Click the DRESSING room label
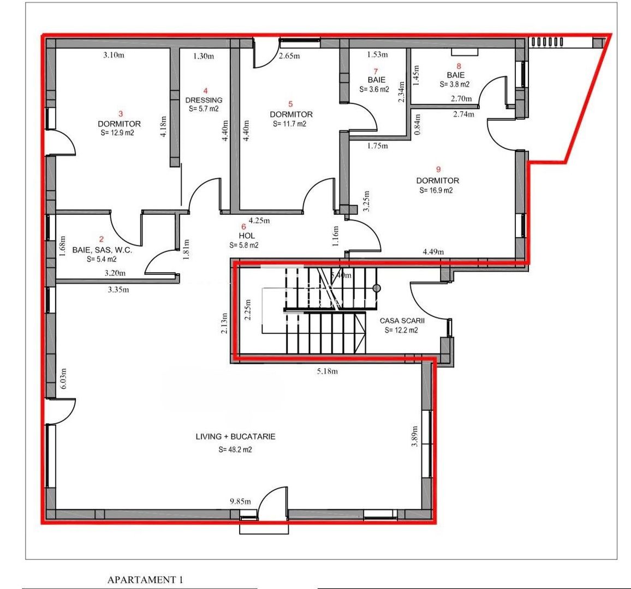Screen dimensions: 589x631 tap(204, 100)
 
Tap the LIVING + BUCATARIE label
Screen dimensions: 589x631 tap(235, 437)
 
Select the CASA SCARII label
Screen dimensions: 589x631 tap(402, 321)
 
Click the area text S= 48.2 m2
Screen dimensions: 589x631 tap(235, 450)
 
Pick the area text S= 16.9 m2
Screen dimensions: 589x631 tap(437, 191)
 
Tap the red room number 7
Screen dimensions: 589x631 tap(376, 71)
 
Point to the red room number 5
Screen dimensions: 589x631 tap(290, 104)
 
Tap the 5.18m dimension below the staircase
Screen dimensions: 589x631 tap(327, 372)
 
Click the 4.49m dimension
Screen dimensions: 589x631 tap(433, 252)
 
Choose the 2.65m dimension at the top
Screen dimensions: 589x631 tap(289, 56)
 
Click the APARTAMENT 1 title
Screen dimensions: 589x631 tap(145, 580)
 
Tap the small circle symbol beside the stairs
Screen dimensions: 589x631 tap(376, 287)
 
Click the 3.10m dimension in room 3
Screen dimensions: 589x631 tap(114, 55)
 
